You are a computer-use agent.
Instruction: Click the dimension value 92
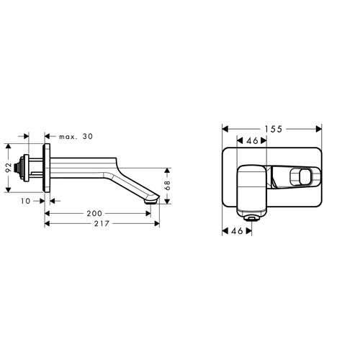tap(9, 168)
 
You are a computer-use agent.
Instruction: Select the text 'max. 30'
tap(76, 137)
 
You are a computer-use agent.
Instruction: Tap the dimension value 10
tap(25, 201)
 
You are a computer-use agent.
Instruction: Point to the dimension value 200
tap(94, 213)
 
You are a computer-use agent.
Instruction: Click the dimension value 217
tap(102, 224)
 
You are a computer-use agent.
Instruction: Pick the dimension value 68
tap(167, 185)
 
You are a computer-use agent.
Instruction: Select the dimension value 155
tap(274, 129)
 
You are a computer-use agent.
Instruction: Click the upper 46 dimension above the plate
tap(252, 140)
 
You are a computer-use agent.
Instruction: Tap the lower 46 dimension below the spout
tap(237, 231)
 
